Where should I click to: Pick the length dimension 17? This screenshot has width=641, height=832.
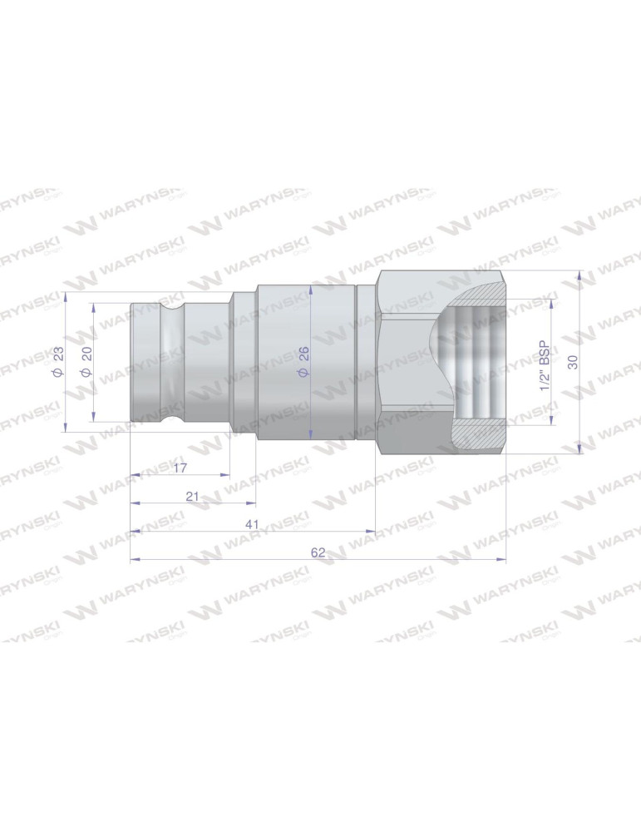(180, 468)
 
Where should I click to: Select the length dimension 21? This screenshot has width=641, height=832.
(193, 496)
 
